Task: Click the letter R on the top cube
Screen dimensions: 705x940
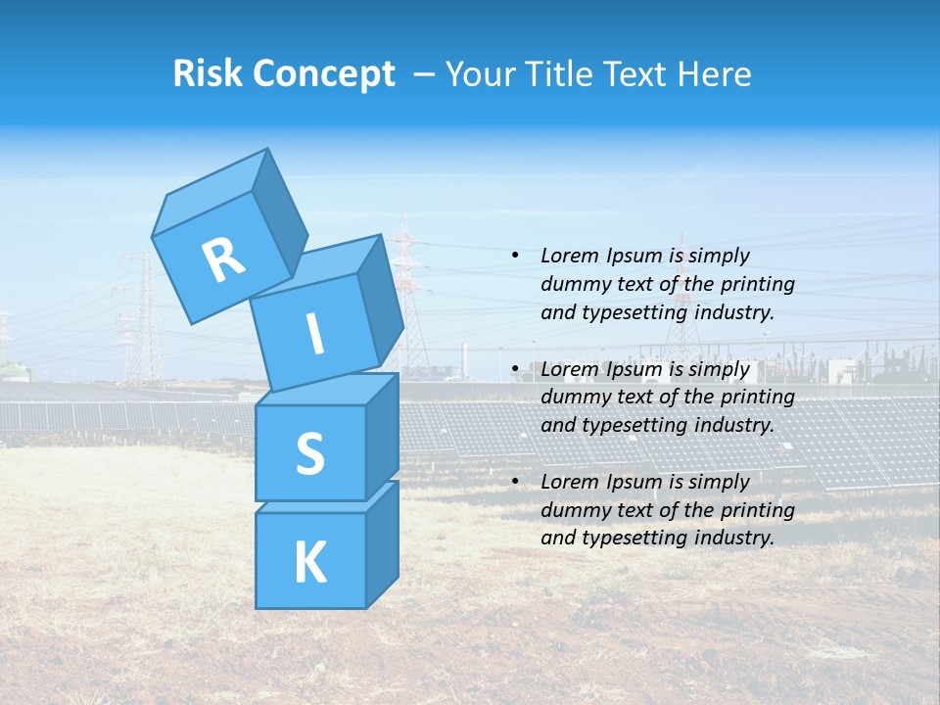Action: (223, 259)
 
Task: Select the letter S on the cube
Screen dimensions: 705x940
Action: (309, 453)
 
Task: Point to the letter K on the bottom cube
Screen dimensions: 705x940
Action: (309, 562)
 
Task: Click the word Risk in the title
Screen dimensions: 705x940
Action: (209, 74)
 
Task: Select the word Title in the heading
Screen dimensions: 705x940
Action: (558, 74)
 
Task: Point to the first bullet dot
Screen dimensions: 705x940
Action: (515, 257)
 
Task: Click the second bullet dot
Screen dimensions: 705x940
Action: (515, 370)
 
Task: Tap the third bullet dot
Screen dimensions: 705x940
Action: (515, 483)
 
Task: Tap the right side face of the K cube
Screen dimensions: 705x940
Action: (382, 543)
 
